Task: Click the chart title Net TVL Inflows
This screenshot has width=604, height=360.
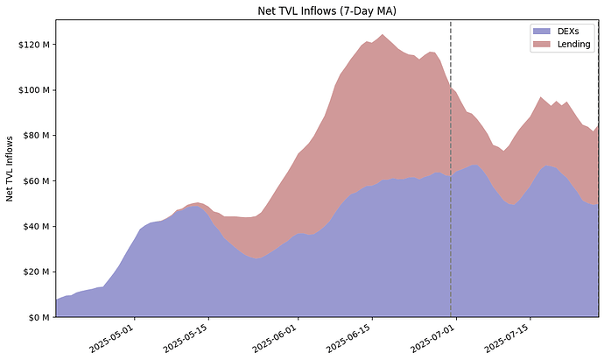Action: [327, 10]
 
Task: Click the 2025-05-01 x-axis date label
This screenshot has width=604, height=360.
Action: [112, 336]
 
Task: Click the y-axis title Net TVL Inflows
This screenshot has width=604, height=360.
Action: [11, 168]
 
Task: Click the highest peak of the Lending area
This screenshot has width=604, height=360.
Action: [382, 35]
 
